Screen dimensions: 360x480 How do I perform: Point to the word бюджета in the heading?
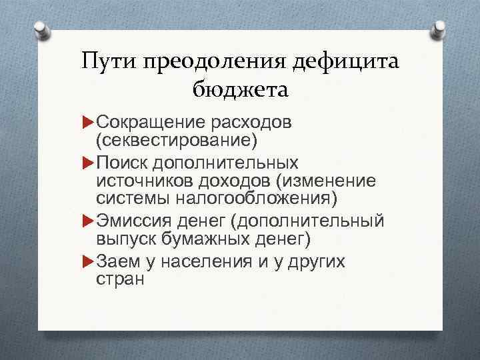240,89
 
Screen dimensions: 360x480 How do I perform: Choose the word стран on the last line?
120,279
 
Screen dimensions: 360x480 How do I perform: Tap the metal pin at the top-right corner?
439,29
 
